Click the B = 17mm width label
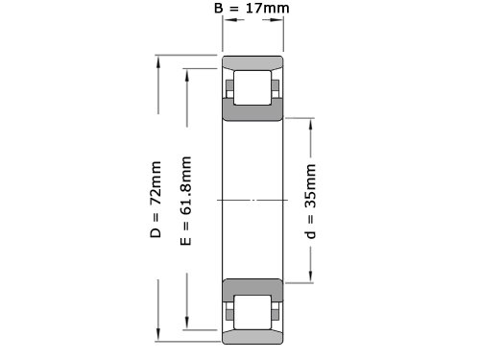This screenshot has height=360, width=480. click(252, 8)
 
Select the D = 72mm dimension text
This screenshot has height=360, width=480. click(156, 200)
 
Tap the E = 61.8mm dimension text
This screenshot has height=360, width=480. click(186, 201)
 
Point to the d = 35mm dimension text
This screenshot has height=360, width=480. click(310, 202)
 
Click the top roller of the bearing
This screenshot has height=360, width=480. click(252, 87)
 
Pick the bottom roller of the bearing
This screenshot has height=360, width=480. click(252, 312)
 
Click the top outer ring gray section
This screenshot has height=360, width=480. click(252, 62)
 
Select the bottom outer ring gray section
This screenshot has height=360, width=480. click(252, 337)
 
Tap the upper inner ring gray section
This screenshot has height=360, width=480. click(252, 109)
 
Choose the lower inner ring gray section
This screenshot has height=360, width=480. click(252, 290)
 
